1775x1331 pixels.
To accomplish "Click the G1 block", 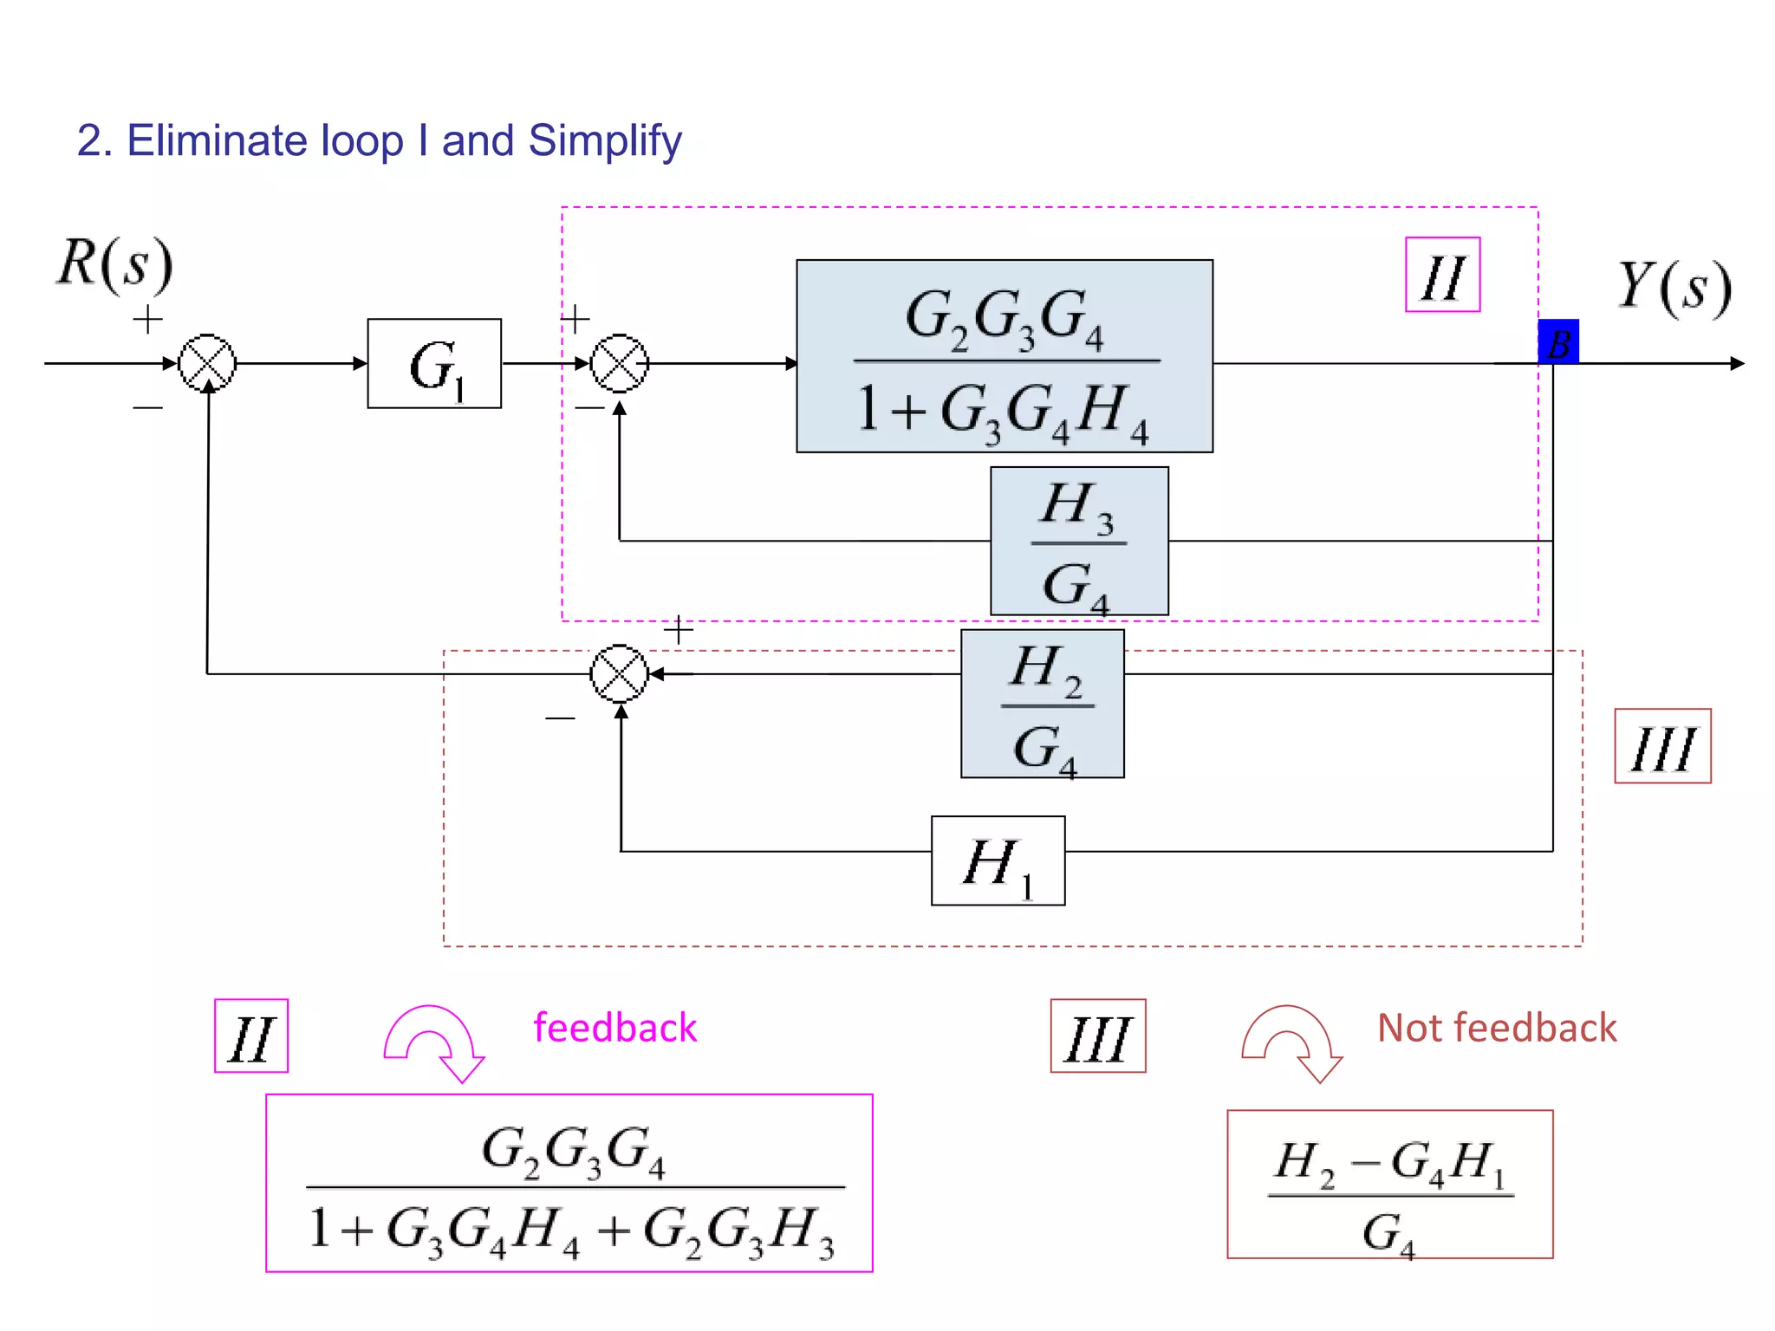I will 434,364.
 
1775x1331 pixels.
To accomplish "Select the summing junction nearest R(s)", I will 207,363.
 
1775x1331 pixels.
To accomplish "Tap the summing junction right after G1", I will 619,363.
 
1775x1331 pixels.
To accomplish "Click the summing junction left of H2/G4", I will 619,673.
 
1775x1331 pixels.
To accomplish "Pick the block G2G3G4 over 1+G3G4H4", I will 1005,356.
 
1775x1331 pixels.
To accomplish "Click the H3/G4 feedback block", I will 1079,542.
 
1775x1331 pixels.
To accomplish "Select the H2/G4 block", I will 1043,704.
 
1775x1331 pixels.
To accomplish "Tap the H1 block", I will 998,860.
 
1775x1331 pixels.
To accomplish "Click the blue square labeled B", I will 1558,342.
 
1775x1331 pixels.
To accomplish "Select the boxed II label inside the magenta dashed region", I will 1442,275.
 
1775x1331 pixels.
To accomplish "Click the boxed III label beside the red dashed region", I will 1662,746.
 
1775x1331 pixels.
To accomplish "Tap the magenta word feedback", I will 614,1028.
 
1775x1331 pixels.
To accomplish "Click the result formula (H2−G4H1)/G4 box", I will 1389,1185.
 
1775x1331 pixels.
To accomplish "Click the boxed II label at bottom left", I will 251,1036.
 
